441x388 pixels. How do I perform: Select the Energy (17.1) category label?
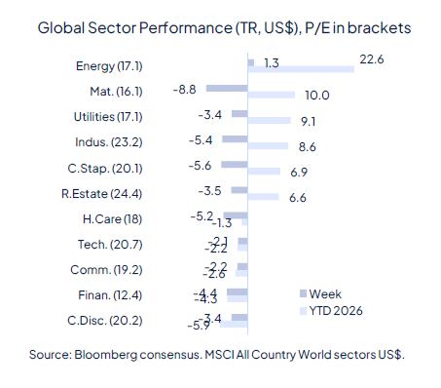tap(109, 66)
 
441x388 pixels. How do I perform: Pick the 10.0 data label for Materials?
tap(317, 96)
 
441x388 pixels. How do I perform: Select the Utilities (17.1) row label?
tap(108, 116)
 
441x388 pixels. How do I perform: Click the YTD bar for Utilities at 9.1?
tap(269, 121)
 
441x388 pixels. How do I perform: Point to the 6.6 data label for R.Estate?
tap(298, 197)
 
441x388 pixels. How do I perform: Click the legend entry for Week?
tap(325, 293)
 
